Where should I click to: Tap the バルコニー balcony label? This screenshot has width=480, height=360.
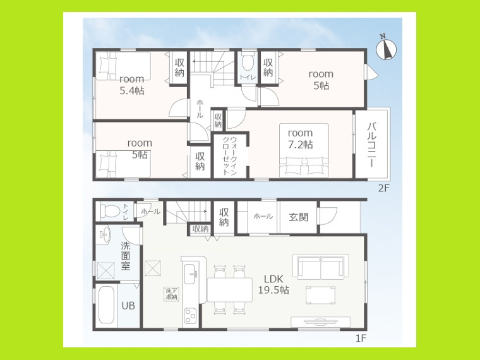[371, 145]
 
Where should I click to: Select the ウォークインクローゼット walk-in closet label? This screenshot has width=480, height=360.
[230, 155]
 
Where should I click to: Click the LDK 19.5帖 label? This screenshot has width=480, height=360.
[273, 284]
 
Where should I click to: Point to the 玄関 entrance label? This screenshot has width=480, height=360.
[298, 217]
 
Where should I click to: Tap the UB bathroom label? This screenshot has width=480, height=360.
[128, 306]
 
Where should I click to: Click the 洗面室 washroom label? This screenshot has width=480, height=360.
[126, 256]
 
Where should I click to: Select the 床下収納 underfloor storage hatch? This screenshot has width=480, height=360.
[171, 294]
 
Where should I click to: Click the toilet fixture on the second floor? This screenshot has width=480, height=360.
[248, 63]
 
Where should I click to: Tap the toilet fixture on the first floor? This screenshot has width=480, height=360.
[110, 210]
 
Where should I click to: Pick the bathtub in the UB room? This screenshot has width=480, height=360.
[106, 305]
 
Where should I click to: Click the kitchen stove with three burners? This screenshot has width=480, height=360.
[190, 315]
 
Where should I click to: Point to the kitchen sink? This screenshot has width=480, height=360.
[191, 273]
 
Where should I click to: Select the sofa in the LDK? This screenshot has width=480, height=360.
[320, 267]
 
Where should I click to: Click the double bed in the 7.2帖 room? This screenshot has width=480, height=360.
[304, 150]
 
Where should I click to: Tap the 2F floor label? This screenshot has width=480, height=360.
[383, 188]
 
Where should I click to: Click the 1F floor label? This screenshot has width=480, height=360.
[361, 338]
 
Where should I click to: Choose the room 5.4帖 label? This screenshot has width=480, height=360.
[132, 85]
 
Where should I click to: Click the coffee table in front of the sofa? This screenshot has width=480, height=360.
[320, 295]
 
